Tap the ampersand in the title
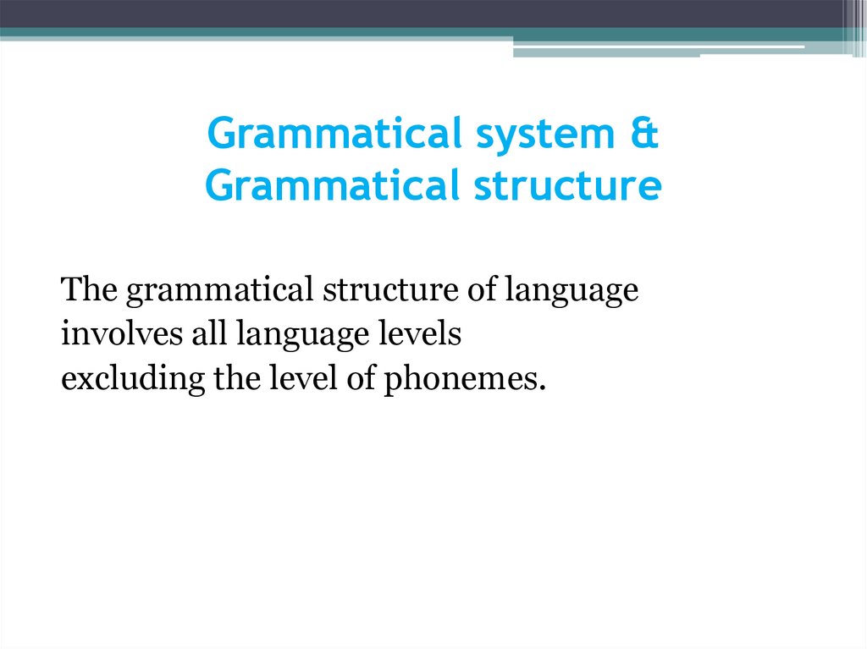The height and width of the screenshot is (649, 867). tap(643, 135)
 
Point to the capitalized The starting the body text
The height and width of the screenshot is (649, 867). tap(89, 291)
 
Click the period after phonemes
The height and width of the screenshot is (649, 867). tap(537, 388)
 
